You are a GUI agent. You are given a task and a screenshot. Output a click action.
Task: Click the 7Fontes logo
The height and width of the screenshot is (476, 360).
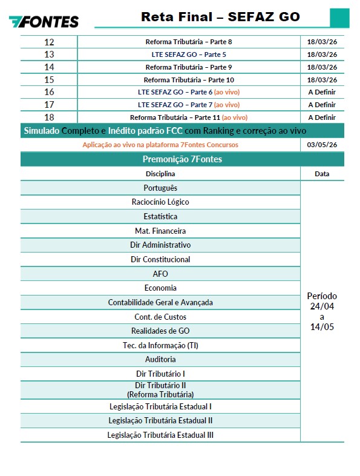click(44, 21)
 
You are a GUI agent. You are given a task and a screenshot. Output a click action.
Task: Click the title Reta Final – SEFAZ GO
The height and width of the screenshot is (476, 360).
click(220, 16)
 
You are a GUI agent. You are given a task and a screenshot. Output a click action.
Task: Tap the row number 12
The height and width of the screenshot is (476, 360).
click(49, 42)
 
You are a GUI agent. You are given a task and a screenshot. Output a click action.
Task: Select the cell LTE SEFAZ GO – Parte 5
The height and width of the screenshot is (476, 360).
click(189, 55)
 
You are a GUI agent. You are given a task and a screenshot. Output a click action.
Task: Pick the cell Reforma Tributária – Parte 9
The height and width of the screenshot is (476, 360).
click(189, 67)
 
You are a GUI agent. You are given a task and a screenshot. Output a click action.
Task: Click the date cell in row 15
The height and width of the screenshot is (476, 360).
click(322, 80)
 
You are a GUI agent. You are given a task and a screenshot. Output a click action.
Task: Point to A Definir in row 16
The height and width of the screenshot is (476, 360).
click(322, 92)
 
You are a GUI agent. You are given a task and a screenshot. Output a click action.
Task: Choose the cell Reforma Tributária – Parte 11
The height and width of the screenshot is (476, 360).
click(189, 117)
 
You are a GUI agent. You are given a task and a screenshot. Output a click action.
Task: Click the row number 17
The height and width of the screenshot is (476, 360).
click(49, 105)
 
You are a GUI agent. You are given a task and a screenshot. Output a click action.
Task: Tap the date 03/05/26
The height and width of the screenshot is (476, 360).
click(322, 145)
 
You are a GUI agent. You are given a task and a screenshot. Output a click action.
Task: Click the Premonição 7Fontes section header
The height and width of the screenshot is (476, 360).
click(182, 159)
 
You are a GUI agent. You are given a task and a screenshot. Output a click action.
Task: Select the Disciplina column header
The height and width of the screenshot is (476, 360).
click(160, 174)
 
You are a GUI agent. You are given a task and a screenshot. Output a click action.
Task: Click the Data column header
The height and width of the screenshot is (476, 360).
click(322, 174)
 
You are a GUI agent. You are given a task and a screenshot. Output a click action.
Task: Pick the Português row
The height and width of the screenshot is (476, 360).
click(160, 188)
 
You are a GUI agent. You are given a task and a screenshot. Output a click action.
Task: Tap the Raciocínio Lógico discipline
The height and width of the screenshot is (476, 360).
click(160, 202)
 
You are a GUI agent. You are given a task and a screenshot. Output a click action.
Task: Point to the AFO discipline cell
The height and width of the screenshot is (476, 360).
click(160, 274)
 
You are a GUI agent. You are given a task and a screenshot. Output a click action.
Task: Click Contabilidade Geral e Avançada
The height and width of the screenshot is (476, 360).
click(160, 302)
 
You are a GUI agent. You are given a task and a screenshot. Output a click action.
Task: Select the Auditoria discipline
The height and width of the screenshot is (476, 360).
click(160, 359)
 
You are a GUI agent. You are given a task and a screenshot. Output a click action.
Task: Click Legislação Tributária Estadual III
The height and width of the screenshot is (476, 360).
click(160, 435)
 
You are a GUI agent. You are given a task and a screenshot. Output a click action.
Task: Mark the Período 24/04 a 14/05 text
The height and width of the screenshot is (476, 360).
click(322, 311)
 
